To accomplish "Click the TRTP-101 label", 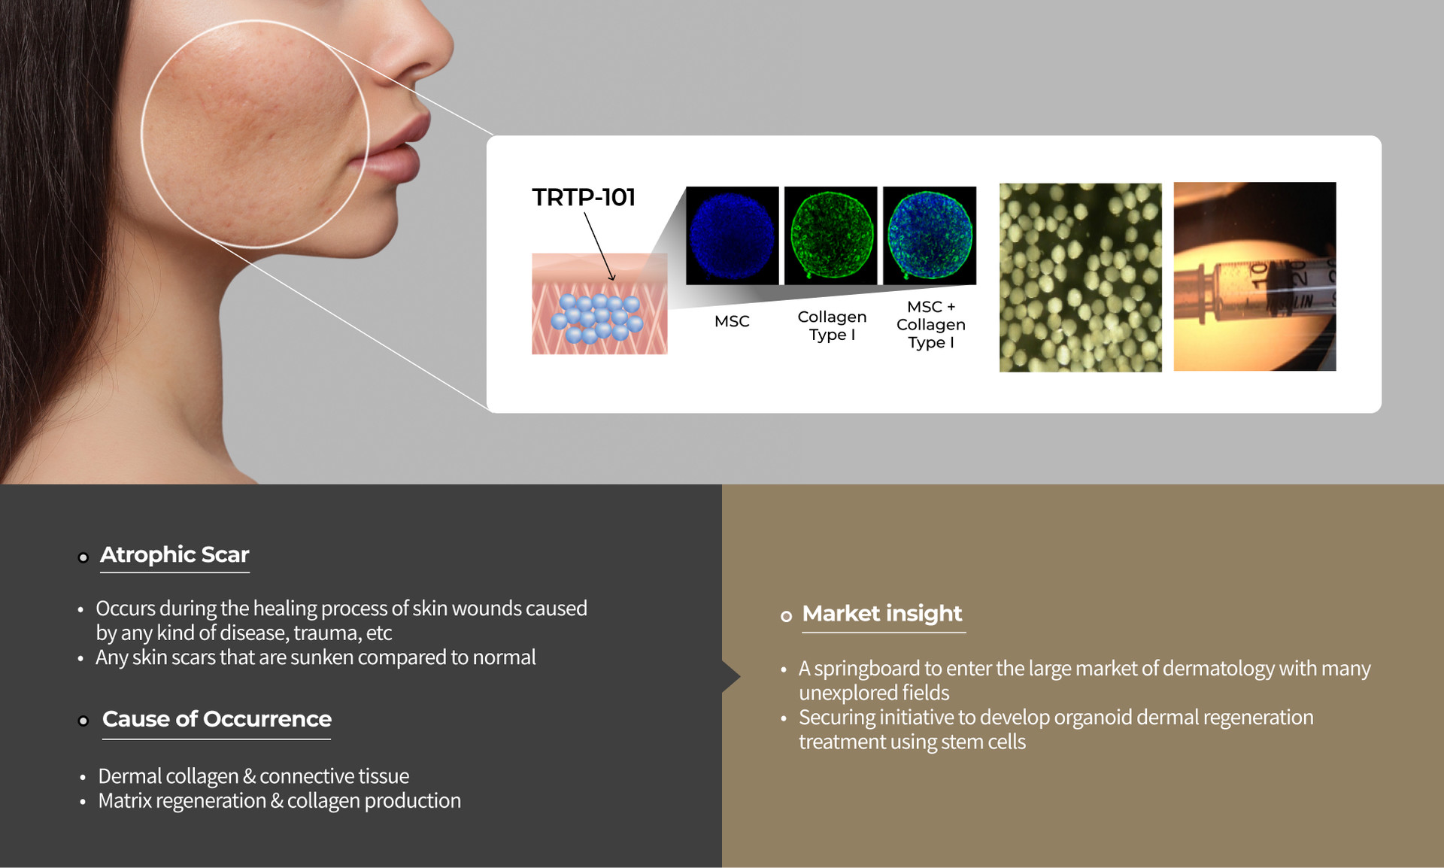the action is [584, 197].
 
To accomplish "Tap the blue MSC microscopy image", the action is [733, 235].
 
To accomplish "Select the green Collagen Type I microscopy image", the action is [831, 235].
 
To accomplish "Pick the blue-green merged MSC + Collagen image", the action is [930, 235].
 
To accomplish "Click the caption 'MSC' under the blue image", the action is [732, 321].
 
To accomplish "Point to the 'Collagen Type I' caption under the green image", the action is [832, 326].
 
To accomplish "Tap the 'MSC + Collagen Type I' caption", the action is [931, 324].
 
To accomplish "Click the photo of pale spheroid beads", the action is [1081, 278].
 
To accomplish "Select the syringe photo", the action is [1255, 277].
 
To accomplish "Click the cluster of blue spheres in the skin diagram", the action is [598, 318].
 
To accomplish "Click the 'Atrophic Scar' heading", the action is [174, 554].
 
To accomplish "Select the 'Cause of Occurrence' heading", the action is [217, 719].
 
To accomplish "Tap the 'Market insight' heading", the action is [882, 614].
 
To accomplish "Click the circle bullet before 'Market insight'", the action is [786, 617].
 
